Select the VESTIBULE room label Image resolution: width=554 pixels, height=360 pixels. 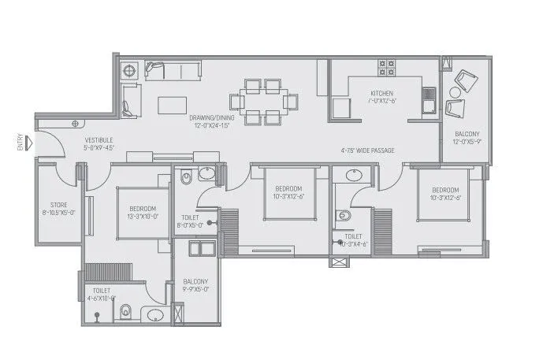99,143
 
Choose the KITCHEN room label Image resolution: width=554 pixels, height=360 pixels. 381,93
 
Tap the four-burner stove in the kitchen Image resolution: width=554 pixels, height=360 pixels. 386,68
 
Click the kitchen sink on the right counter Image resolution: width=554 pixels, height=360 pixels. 429,99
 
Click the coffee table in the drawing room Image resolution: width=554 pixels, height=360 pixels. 173,105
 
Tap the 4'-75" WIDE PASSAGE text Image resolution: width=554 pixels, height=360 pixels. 368,150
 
